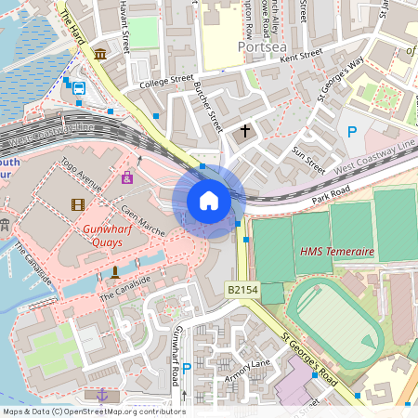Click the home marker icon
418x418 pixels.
coord(209,201)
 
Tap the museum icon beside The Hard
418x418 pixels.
coord(99,56)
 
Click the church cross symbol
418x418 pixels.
coord(246,131)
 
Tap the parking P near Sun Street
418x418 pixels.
coord(352,133)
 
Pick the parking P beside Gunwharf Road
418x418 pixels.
coord(187,369)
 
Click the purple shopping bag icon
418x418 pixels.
coord(127,176)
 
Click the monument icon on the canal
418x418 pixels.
coord(114,271)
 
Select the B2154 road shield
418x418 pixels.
coord(242,291)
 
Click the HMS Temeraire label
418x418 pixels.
coord(337,252)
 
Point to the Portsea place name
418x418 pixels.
coord(259,46)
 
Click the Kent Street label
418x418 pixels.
coord(302,57)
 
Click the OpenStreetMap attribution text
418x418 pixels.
coord(93,411)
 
